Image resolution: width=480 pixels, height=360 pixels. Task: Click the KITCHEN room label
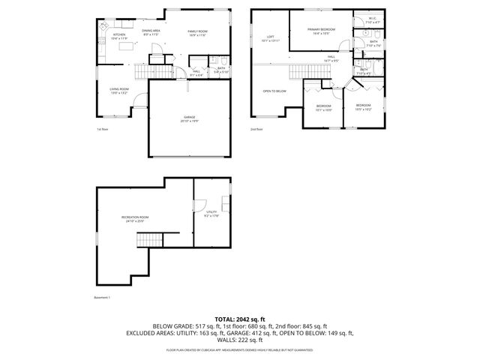coord(119,35)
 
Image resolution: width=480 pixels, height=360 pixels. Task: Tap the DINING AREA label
coord(151,31)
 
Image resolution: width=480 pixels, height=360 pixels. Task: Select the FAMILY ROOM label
coord(197,31)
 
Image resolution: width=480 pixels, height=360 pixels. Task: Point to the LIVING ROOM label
coord(119,90)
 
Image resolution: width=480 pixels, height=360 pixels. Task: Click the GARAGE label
coord(190,118)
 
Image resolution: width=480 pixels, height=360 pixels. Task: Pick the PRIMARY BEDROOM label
coord(320,31)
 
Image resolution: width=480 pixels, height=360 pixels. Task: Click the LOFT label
coord(270,37)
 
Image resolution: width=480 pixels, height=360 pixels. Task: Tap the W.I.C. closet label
coord(372,20)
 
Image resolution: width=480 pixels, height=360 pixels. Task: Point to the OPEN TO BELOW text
coord(274,91)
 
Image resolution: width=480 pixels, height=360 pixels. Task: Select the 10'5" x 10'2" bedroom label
coord(363,106)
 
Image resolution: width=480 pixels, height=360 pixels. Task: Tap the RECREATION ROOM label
coord(135,219)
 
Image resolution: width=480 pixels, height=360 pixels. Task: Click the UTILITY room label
coord(211,214)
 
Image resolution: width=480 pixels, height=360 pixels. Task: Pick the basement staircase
coord(148,240)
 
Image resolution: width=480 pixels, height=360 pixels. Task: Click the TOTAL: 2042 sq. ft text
coord(240,319)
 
